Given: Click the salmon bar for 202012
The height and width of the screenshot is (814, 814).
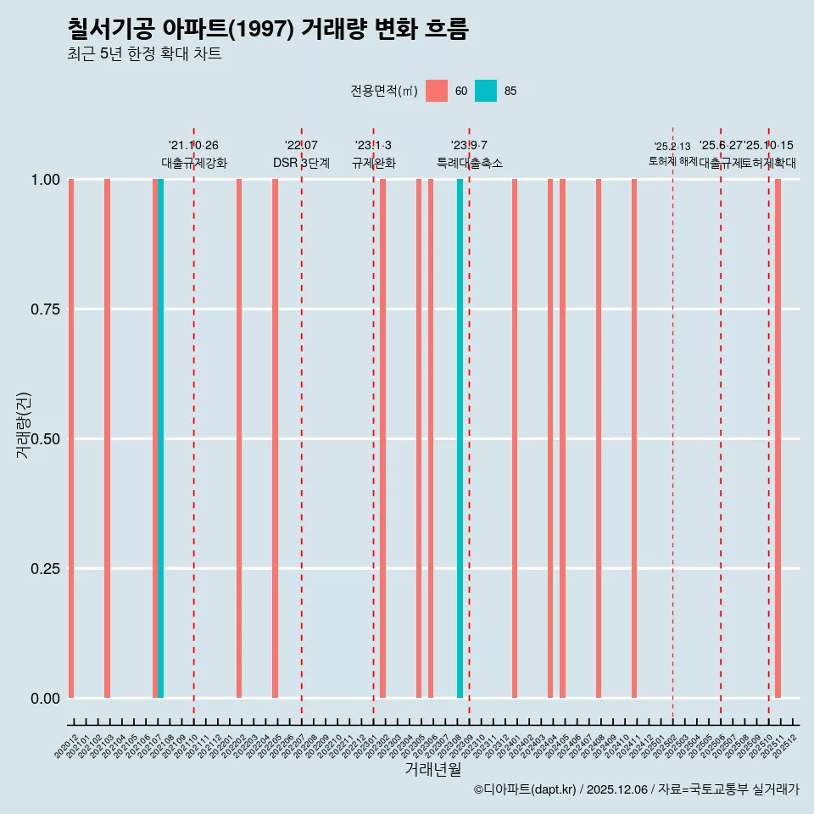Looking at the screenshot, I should point(71,438).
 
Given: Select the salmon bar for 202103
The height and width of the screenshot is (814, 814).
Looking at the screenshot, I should point(107,438).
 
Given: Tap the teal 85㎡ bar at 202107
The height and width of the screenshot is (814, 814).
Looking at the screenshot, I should point(161,438).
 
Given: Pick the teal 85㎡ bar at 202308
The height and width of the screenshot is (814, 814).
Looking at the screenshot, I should point(460,438).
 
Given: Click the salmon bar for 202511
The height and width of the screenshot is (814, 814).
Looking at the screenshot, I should point(778,438).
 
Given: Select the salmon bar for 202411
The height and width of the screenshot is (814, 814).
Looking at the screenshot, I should point(634,438).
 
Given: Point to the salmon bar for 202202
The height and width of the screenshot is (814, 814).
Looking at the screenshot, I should point(239,438).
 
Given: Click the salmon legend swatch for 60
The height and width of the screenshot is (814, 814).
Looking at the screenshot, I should point(437,91).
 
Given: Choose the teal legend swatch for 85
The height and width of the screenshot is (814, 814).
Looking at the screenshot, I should point(486,91).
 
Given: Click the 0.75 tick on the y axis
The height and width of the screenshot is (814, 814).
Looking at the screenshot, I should point(44,309).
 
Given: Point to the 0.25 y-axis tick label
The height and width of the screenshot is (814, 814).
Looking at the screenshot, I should point(44,569).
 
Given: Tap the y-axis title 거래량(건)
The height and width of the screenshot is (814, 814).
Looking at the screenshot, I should point(24,425).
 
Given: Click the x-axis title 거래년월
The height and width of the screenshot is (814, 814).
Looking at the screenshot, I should point(433,769).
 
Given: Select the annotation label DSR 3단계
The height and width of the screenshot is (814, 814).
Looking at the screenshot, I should point(301,163).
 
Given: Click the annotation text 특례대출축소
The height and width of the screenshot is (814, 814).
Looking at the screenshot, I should point(470,163).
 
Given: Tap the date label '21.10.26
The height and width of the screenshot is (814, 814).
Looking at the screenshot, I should point(194,146).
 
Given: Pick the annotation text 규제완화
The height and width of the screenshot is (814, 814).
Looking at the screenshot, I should point(374,163).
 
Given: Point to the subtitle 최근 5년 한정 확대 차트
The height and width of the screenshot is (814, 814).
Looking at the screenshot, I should point(144,54).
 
